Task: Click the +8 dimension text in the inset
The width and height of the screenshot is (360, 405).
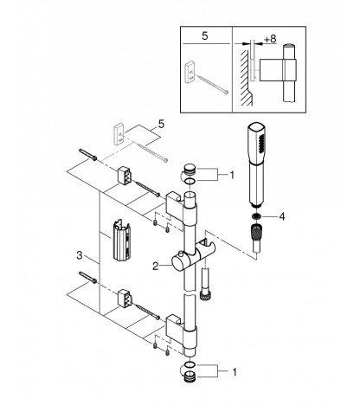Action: pos(270,39)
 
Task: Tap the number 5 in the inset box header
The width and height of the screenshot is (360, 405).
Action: pos(204,36)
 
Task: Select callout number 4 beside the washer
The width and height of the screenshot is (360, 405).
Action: pos(282,216)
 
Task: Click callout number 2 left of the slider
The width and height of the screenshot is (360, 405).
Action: pos(156,266)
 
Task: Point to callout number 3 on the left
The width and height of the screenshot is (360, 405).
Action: pos(80,255)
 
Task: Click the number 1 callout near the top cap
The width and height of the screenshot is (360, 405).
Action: pos(232,175)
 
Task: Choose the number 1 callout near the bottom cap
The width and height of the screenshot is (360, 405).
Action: pos(235,372)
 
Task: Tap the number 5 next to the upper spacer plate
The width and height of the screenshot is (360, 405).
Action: pos(161,125)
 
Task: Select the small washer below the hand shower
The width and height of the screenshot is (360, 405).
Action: pos(255,216)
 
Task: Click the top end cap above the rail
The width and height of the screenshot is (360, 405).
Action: pos(190,169)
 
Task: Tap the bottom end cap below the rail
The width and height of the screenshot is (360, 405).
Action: pos(190,376)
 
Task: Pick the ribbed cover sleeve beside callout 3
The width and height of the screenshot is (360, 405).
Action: pos(122,240)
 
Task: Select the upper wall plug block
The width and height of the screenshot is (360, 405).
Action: pos(125,175)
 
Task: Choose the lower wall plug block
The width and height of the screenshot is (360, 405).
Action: pos(125,298)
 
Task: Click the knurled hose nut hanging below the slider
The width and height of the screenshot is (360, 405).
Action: pos(204,295)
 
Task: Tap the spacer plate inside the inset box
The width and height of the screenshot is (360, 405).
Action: pos(190,72)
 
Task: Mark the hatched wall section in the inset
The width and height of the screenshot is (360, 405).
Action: pos(245,78)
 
